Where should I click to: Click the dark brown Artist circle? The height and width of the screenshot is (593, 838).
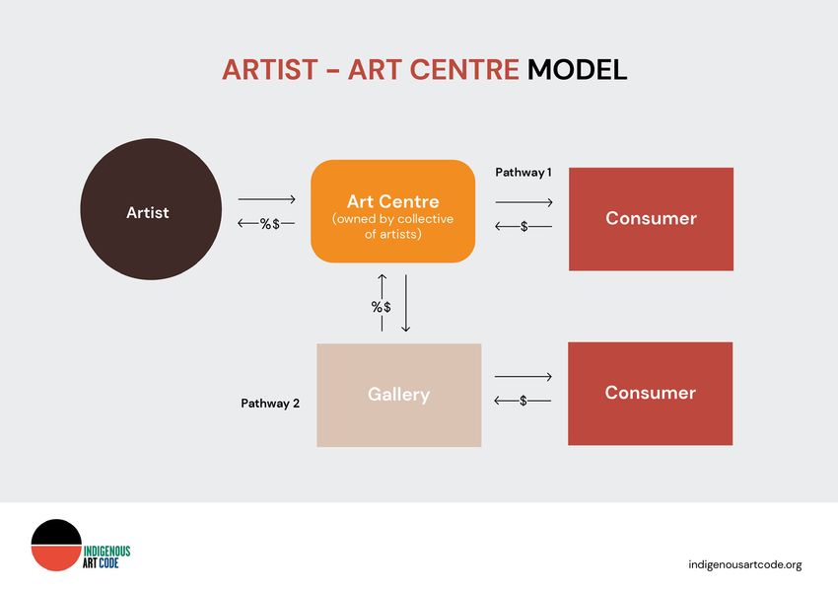pos(151,209)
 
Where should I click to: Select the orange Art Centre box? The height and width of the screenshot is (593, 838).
pos(392,211)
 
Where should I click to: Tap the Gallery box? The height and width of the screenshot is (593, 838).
pos(398,395)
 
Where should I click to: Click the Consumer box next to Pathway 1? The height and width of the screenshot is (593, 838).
pos(651,219)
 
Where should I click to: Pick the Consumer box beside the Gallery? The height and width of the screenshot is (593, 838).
pos(651,394)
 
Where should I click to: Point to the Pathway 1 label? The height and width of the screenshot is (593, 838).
pos(524,173)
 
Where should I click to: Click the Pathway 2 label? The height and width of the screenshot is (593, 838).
pos(270,404)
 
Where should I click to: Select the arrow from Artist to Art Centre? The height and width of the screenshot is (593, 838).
pos(267,199)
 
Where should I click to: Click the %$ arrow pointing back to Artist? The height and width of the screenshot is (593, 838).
pos(266,224)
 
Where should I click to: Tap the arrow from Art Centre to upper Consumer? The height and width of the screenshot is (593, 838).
pos(524,202)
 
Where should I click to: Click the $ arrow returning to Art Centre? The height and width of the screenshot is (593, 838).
pos(524,227)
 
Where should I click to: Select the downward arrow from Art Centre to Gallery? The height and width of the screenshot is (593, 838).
pos(405,303)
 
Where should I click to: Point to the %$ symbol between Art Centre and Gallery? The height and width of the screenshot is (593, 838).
pos(382,307)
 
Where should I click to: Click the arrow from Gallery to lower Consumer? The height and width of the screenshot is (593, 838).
pos(524,377)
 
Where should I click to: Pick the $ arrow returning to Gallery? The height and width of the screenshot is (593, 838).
pos(523,401)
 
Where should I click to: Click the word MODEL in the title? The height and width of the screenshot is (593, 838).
pos(577,70)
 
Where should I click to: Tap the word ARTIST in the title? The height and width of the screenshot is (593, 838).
pos(270,70)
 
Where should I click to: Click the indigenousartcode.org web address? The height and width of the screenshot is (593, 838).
pos(745,564)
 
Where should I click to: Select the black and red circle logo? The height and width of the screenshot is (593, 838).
pos(56,545)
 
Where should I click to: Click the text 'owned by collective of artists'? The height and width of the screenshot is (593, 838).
pos(392,227)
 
